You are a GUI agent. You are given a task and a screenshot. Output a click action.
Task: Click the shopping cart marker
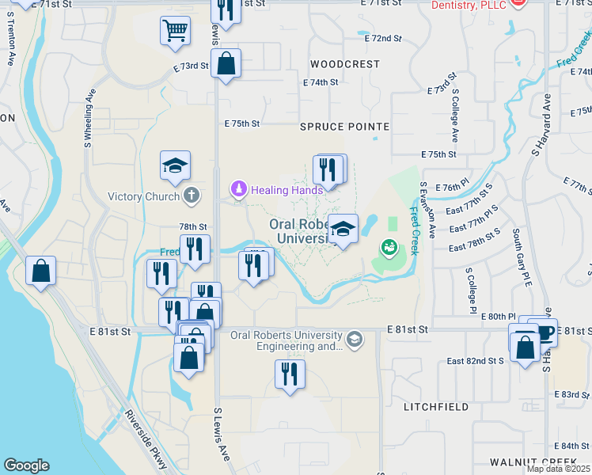[x=176, y=31]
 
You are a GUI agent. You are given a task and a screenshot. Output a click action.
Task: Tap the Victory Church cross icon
[x=191, y=196]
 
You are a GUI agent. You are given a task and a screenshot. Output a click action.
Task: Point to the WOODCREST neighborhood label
[x=345, y=64]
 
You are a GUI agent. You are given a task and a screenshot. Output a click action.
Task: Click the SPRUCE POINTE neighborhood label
[x=344, y=127]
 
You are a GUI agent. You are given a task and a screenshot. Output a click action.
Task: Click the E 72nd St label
[x=384, y=38]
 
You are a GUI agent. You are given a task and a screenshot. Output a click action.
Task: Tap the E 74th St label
[x=321, y=82]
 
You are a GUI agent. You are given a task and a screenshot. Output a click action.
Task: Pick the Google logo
[x=26, y=465]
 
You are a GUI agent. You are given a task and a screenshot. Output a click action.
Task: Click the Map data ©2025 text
[x=558, y=469]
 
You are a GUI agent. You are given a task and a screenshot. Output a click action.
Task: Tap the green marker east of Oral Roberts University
[x=389, y=248]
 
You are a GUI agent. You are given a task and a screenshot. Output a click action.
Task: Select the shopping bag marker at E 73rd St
[x=226, y=64]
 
